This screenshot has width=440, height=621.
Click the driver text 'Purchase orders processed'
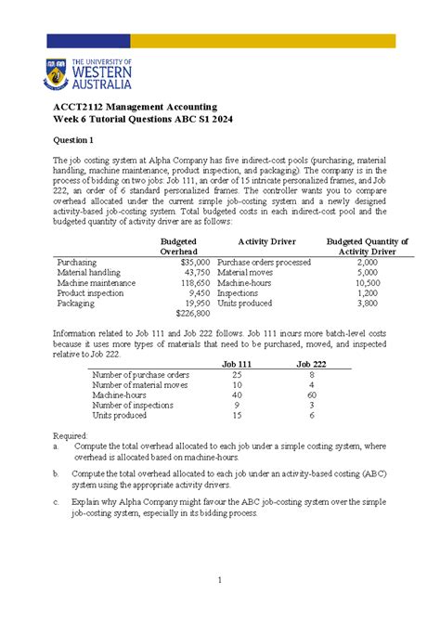point(264,263)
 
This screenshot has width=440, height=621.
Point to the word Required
point(71,434)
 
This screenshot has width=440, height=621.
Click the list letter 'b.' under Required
point(58,473)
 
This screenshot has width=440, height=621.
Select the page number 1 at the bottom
point(219,581)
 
